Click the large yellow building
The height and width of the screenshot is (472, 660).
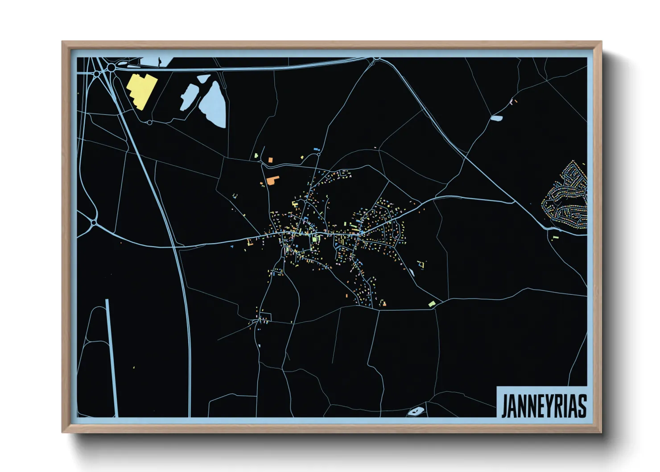(x=142, y=91)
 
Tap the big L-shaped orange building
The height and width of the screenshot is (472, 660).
(x=272, y=180)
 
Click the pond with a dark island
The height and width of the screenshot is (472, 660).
(x=416, y=411)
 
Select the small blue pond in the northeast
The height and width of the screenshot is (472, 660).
(x=496, y=118)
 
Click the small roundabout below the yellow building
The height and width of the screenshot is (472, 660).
(x=150, y=122)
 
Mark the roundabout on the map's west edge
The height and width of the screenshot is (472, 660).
(x=94, y=223)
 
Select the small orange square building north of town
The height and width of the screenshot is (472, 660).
(x=270, y=159)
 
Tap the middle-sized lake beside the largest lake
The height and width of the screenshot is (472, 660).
(x=188, y=97)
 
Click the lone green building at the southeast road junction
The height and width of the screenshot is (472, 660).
(x=431, y=304)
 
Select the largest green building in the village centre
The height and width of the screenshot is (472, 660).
(x=315, y=240)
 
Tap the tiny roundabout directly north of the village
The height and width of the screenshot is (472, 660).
(x=318, y=154)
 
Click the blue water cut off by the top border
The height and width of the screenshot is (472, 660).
(x=156, y=62)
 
